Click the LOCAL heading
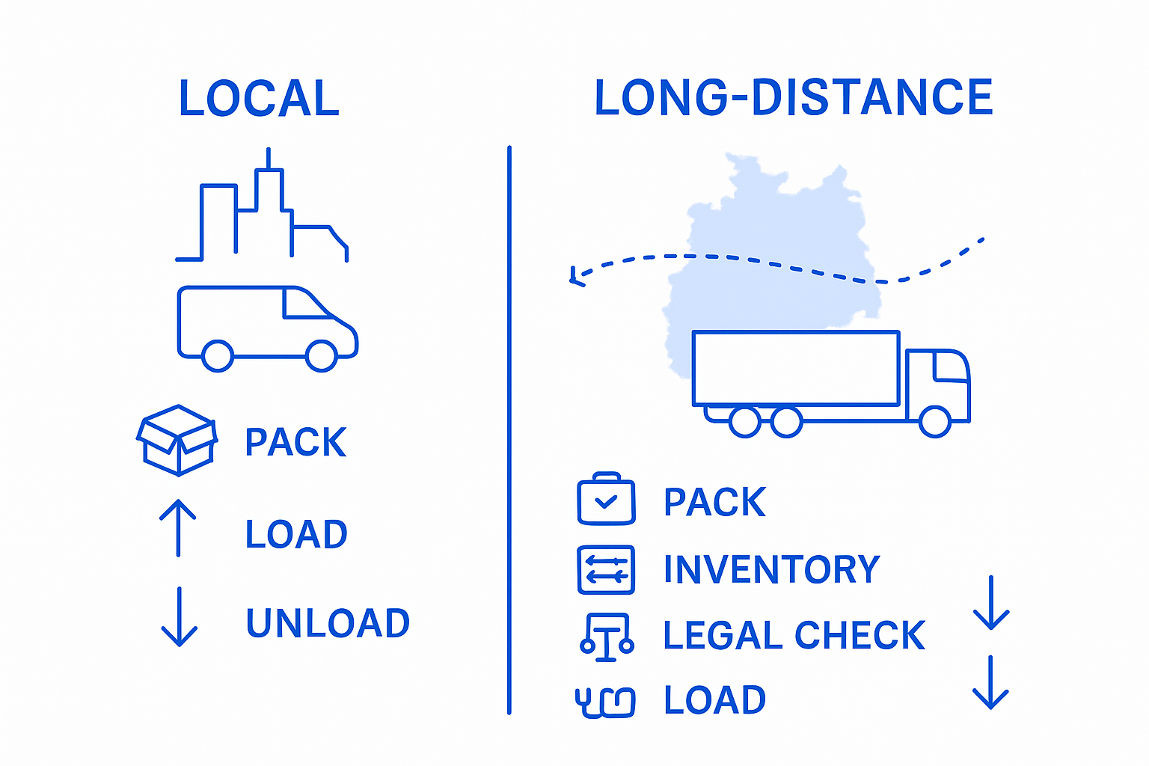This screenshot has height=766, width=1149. [x=259, y=99]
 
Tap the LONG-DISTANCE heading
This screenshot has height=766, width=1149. [x=793, y=98]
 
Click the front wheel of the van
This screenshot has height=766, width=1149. [x=322, y=355]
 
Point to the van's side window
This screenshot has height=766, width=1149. [x=305, y=304]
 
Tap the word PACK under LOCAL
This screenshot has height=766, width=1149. [x=295, y=442]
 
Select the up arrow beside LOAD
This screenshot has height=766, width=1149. [x=178, y=528]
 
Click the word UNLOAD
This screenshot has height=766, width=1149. [x=328, y=623]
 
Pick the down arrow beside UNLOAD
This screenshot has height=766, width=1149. [x=180, y=617]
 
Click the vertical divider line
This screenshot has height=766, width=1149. [x=509, y=430]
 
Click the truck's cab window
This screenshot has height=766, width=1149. [x=950, y=367]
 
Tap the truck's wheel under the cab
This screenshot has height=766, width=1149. [x=934, y=421]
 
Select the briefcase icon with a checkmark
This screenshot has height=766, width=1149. [x=606, y=499]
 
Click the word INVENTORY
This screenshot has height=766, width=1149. [x=771, y=569]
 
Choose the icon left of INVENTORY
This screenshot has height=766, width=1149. [x=606, y=570]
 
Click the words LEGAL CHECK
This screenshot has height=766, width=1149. [x=794, y=635]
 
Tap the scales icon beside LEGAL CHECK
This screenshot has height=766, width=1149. [x=607, y=637]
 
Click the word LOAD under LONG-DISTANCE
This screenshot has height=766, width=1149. [x=714, y=701]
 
